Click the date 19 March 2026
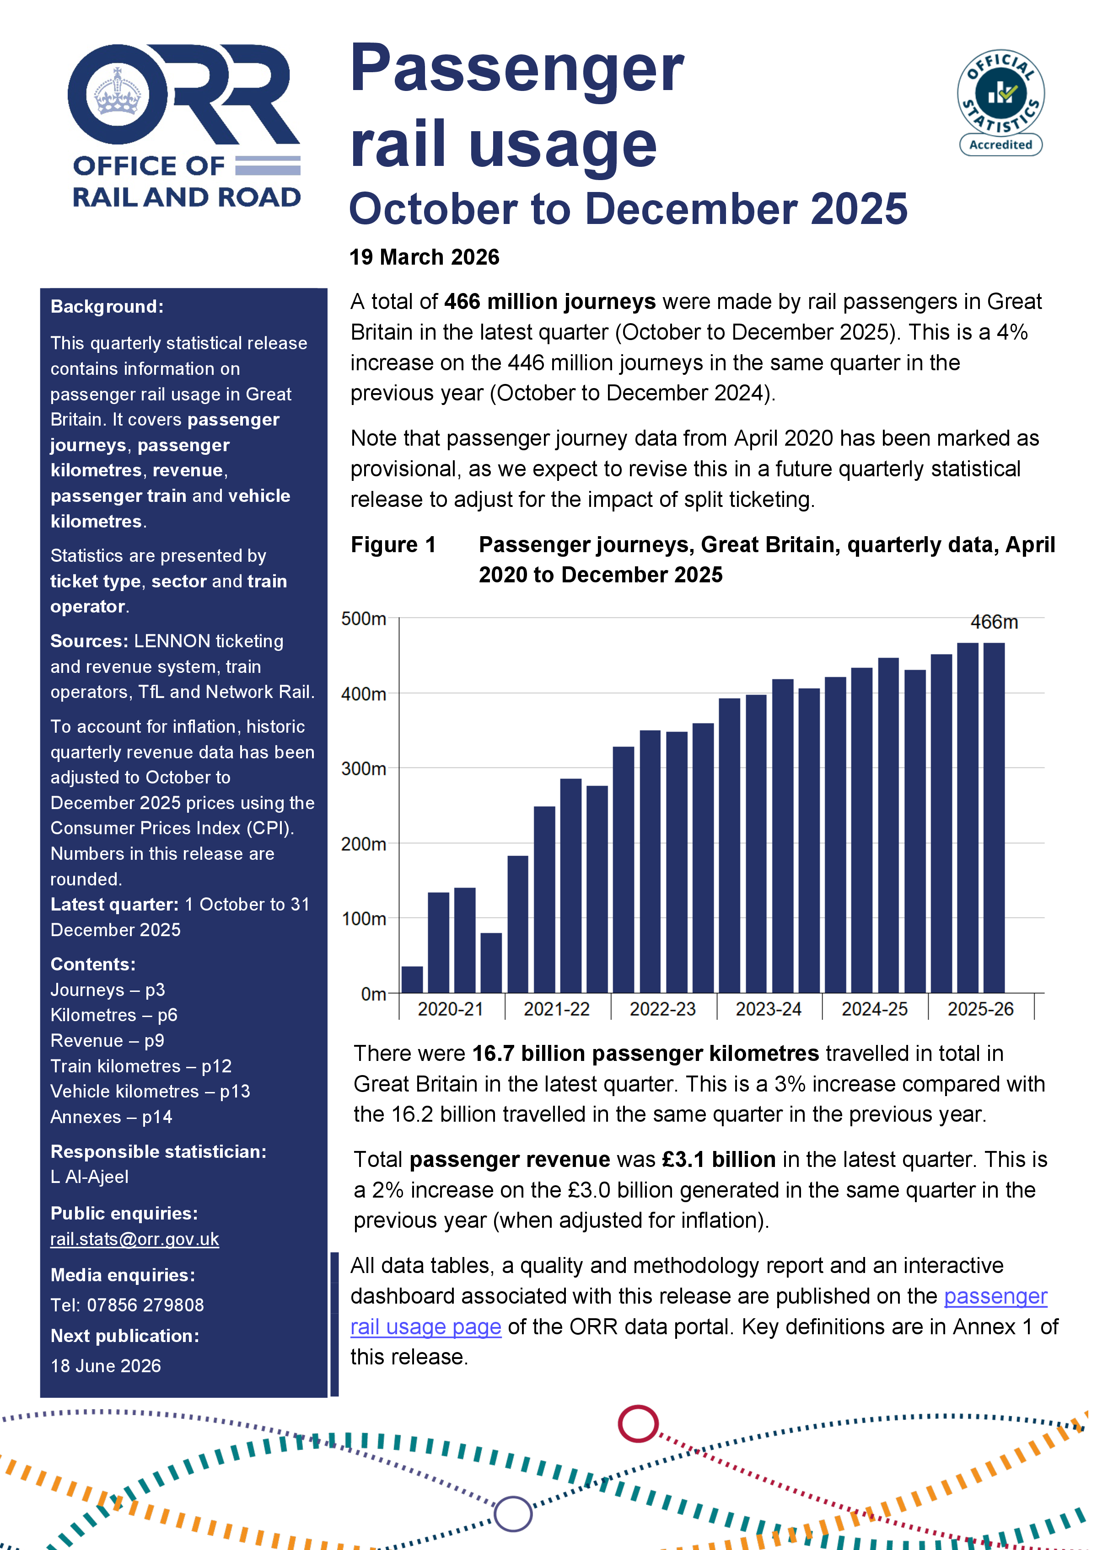424,257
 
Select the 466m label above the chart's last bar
994,622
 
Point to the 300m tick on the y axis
364,769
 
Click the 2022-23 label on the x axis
662,1009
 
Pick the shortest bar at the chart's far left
412,980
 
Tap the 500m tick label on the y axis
364,619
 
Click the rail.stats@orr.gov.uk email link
134,1239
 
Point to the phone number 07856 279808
145,1304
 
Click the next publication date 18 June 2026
106,1366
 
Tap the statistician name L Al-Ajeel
90,1177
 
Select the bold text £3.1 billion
718,1159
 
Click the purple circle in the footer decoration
513,1513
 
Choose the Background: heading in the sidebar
107,307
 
